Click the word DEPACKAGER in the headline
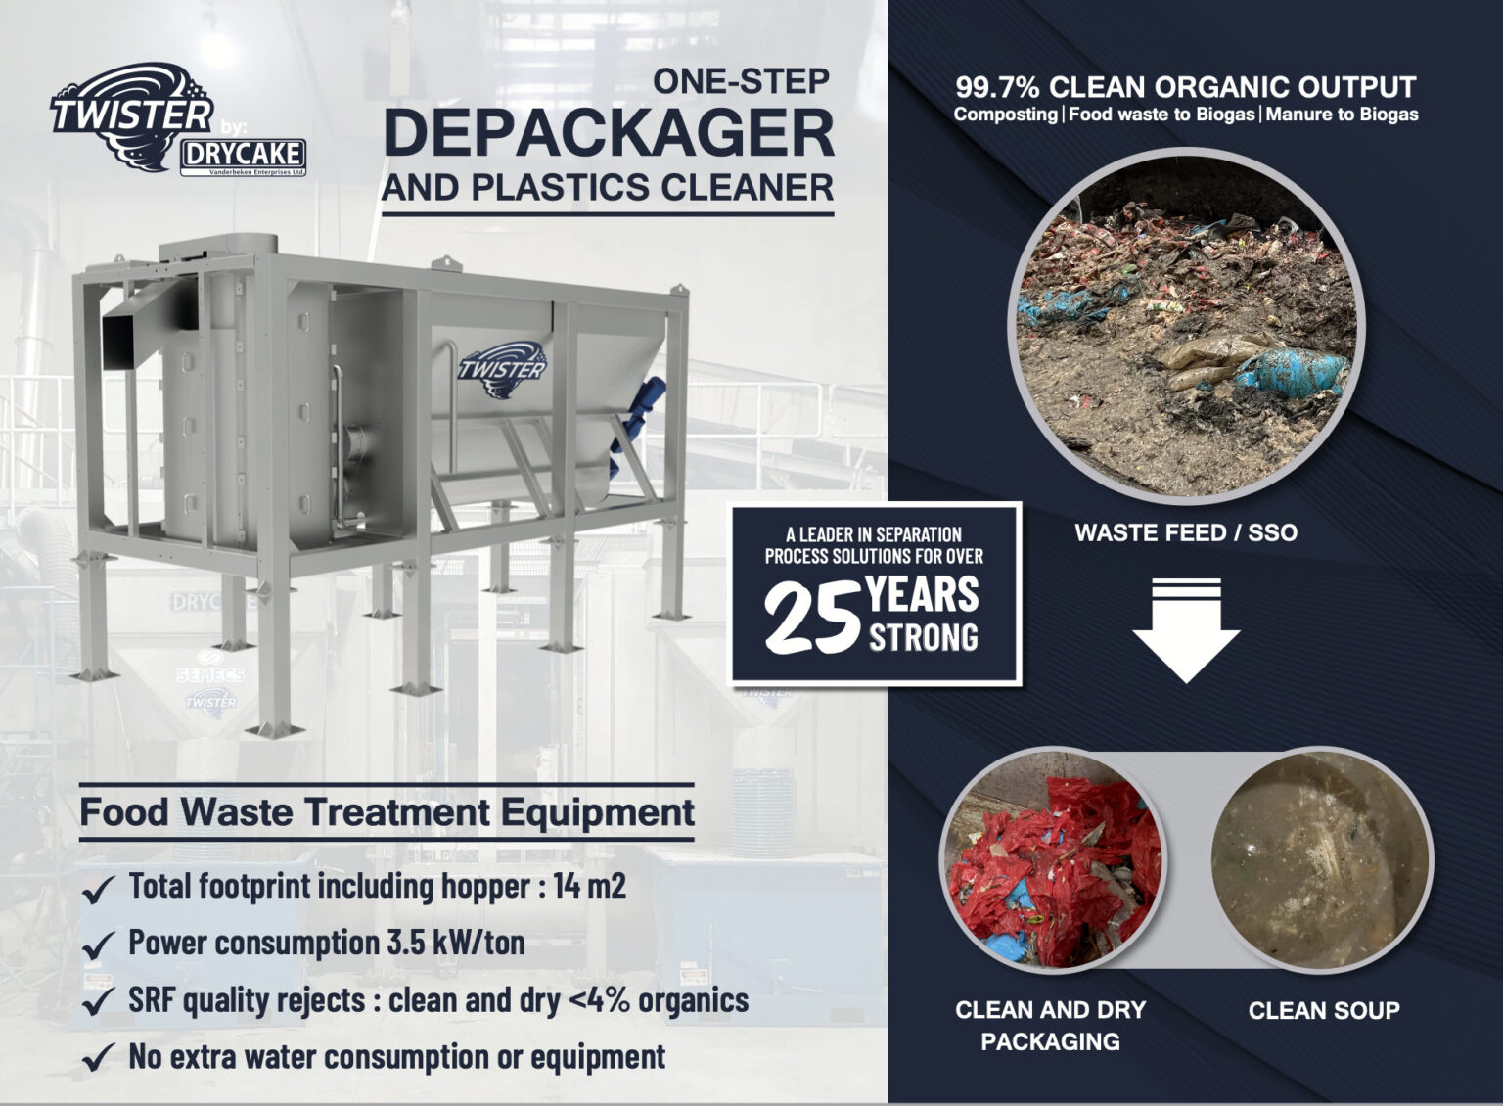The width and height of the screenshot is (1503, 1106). (609, 133)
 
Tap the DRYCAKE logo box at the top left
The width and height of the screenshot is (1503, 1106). (243, 155)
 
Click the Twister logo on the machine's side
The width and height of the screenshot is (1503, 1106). (502, 368)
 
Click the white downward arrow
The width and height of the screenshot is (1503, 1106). (1186, 629)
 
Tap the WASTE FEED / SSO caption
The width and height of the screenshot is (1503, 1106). (1186, 533)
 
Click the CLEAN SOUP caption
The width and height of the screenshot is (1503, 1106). (1324, 1011)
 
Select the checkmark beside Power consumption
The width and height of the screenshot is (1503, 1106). (98, 946)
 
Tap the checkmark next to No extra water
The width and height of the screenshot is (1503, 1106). (98, 1059)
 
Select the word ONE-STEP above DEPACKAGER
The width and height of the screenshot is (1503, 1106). (741, 81)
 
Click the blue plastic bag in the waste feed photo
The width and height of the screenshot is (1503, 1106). (1294, 371)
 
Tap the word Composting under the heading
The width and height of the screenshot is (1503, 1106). (1005, 115)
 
